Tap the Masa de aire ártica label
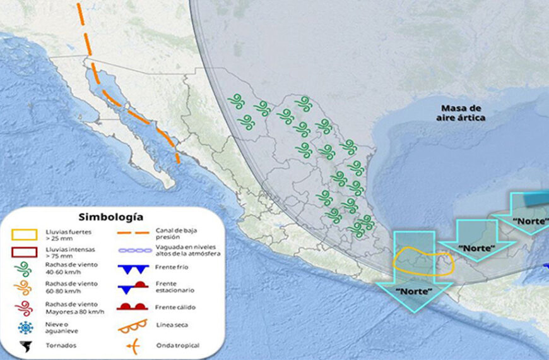(x=461, y=113)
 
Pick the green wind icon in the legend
(x=23, y=271)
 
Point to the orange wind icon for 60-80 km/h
(x=23, y=289)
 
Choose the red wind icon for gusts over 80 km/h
(x=23, y=308)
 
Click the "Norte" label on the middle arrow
(x=476, y=248)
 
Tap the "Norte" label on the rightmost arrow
(x=531, y=222)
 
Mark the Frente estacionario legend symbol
(x=133, y=287)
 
